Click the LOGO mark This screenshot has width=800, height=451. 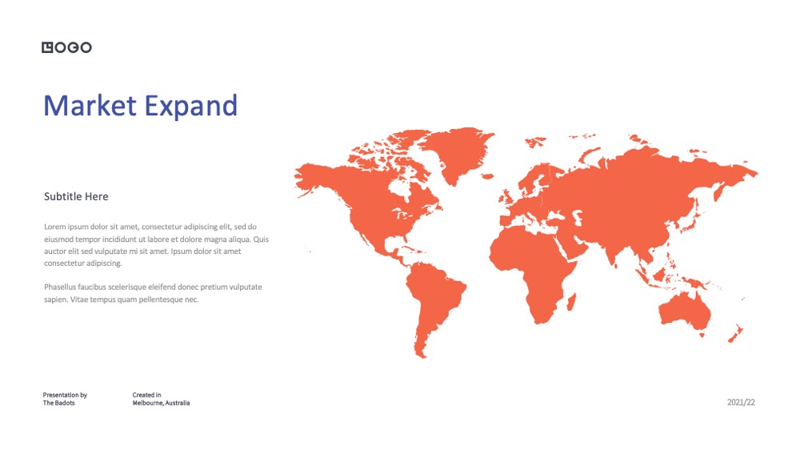(67, 47)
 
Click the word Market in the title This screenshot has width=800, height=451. (90, 106)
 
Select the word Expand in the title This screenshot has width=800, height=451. (191, 107)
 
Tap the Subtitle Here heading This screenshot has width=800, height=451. (76, 196)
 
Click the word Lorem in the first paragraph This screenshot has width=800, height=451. (54, 227)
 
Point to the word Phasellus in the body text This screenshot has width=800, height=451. (60, 287)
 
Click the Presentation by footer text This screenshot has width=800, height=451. (65, 395)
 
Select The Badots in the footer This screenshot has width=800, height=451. (58, 403)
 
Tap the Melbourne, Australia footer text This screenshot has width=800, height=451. (162, 403)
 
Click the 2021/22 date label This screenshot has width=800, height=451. (741, 402)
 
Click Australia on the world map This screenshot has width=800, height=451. (684, 312)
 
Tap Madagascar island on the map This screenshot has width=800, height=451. (572, 302)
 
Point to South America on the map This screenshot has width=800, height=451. (434, 301)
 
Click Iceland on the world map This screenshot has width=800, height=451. (488, 176)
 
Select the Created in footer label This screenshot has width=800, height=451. (147, 395)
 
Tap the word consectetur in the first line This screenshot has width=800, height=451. (162, 227)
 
